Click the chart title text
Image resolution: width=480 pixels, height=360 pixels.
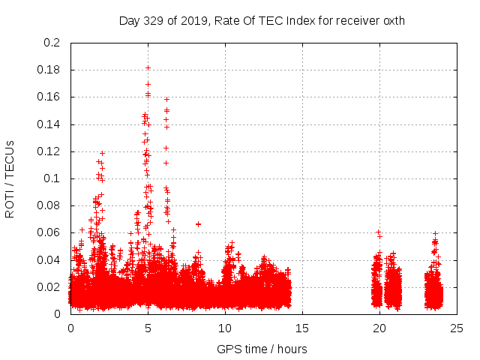(262, 20)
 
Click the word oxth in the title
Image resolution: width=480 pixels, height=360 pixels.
(392, 20)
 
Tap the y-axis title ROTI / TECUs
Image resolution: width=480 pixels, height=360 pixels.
(10, 178)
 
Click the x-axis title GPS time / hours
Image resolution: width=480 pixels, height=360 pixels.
(262, 349)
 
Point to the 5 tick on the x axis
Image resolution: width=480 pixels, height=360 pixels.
(148, 328)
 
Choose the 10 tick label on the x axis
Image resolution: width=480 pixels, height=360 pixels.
(225, 328)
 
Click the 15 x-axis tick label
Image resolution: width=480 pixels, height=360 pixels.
(302, 328)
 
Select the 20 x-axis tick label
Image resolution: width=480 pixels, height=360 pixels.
(379, 328)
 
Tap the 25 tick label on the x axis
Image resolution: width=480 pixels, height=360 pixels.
(456, 328)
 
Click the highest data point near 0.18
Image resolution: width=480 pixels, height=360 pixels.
(148, 68)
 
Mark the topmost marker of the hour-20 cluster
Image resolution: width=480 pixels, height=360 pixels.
(378, 232)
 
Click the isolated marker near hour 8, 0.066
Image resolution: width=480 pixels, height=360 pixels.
(198, 224)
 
